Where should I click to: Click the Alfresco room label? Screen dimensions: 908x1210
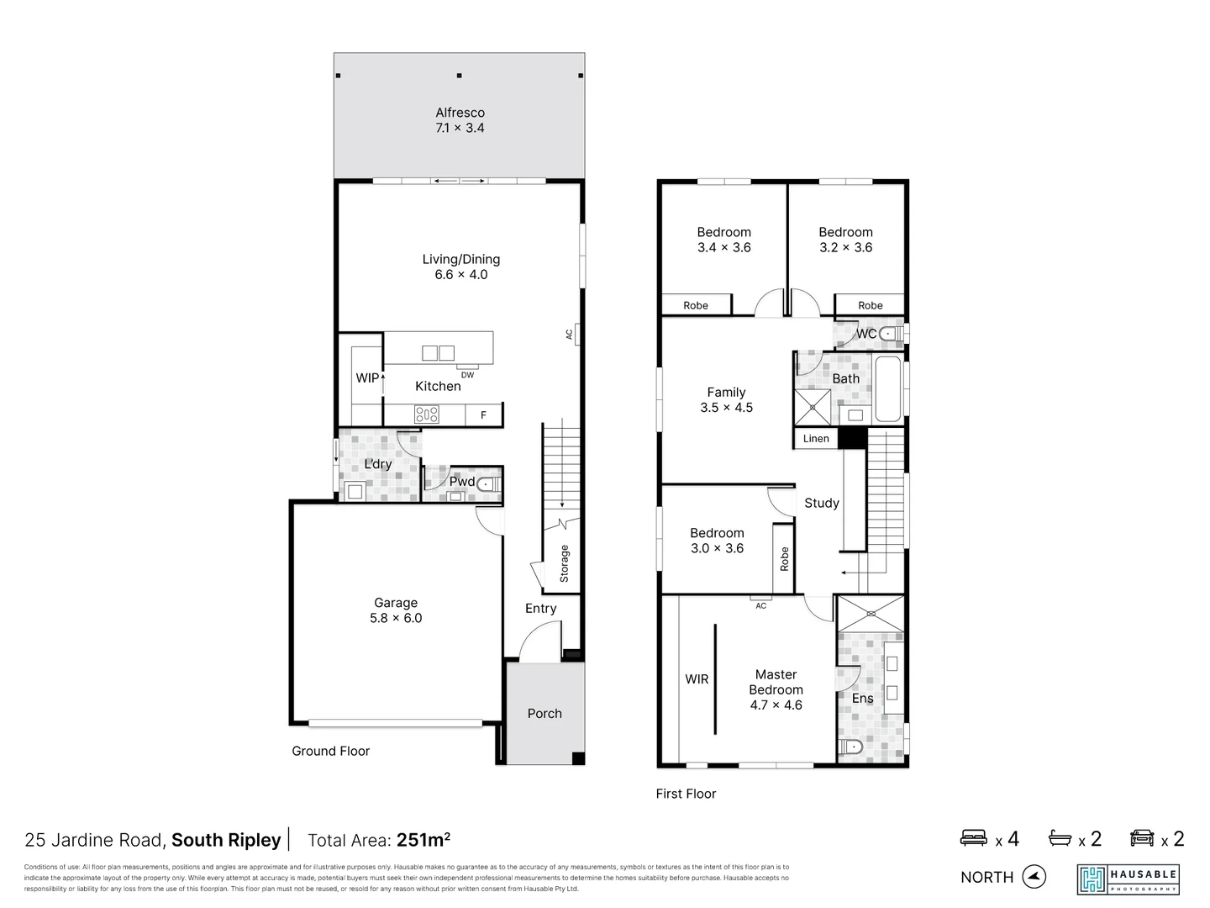click(460, 113)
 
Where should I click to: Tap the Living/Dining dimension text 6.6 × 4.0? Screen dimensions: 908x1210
click(460, 275)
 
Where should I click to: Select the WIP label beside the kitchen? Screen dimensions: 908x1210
click(366, 378)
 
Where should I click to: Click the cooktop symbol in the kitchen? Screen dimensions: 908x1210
click(427, 414)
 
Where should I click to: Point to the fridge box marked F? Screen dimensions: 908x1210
click(483, 414)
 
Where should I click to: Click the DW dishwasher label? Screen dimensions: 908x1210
click(467, 375)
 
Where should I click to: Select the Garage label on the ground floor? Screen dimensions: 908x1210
click(396, 603)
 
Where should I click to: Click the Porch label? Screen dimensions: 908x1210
click(544, 713)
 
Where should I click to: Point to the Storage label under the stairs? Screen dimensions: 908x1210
click(564, 563)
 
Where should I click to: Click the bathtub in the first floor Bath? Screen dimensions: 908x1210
click(887, 388)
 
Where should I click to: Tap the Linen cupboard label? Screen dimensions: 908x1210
click(816, 439)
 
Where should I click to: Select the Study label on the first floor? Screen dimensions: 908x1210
click(822, 503)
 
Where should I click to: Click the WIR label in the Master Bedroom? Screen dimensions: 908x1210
click(697, 679)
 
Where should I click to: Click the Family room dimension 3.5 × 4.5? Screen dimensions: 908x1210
click(726, 408)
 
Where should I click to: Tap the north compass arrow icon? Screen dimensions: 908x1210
click(1034, 877)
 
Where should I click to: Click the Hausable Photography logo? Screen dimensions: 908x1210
click(1128, 879)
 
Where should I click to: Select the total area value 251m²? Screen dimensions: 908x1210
click(423, 840)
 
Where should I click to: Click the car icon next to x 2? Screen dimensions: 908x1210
click(1142, 838)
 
